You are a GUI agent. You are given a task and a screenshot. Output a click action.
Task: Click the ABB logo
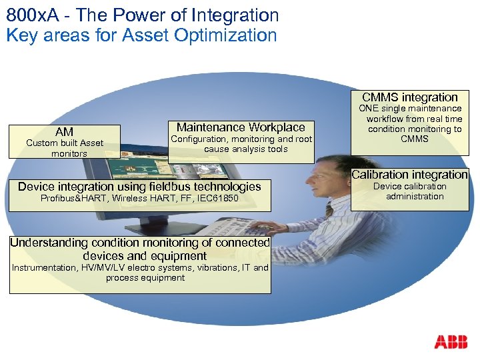click(451, 343)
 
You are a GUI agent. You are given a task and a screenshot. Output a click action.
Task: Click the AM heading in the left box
click(65, 132)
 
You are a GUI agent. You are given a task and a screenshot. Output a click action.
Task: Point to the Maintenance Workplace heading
click(241, 127)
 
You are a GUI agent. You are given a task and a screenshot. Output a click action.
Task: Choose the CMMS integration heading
click(410, 97)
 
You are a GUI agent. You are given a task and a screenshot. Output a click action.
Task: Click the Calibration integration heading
click(410, 175)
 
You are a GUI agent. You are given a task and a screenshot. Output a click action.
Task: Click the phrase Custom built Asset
click(65, 143)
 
